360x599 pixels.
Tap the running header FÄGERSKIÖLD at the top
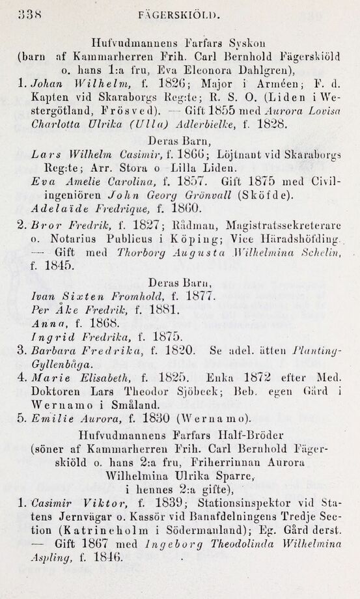(178, 12)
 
